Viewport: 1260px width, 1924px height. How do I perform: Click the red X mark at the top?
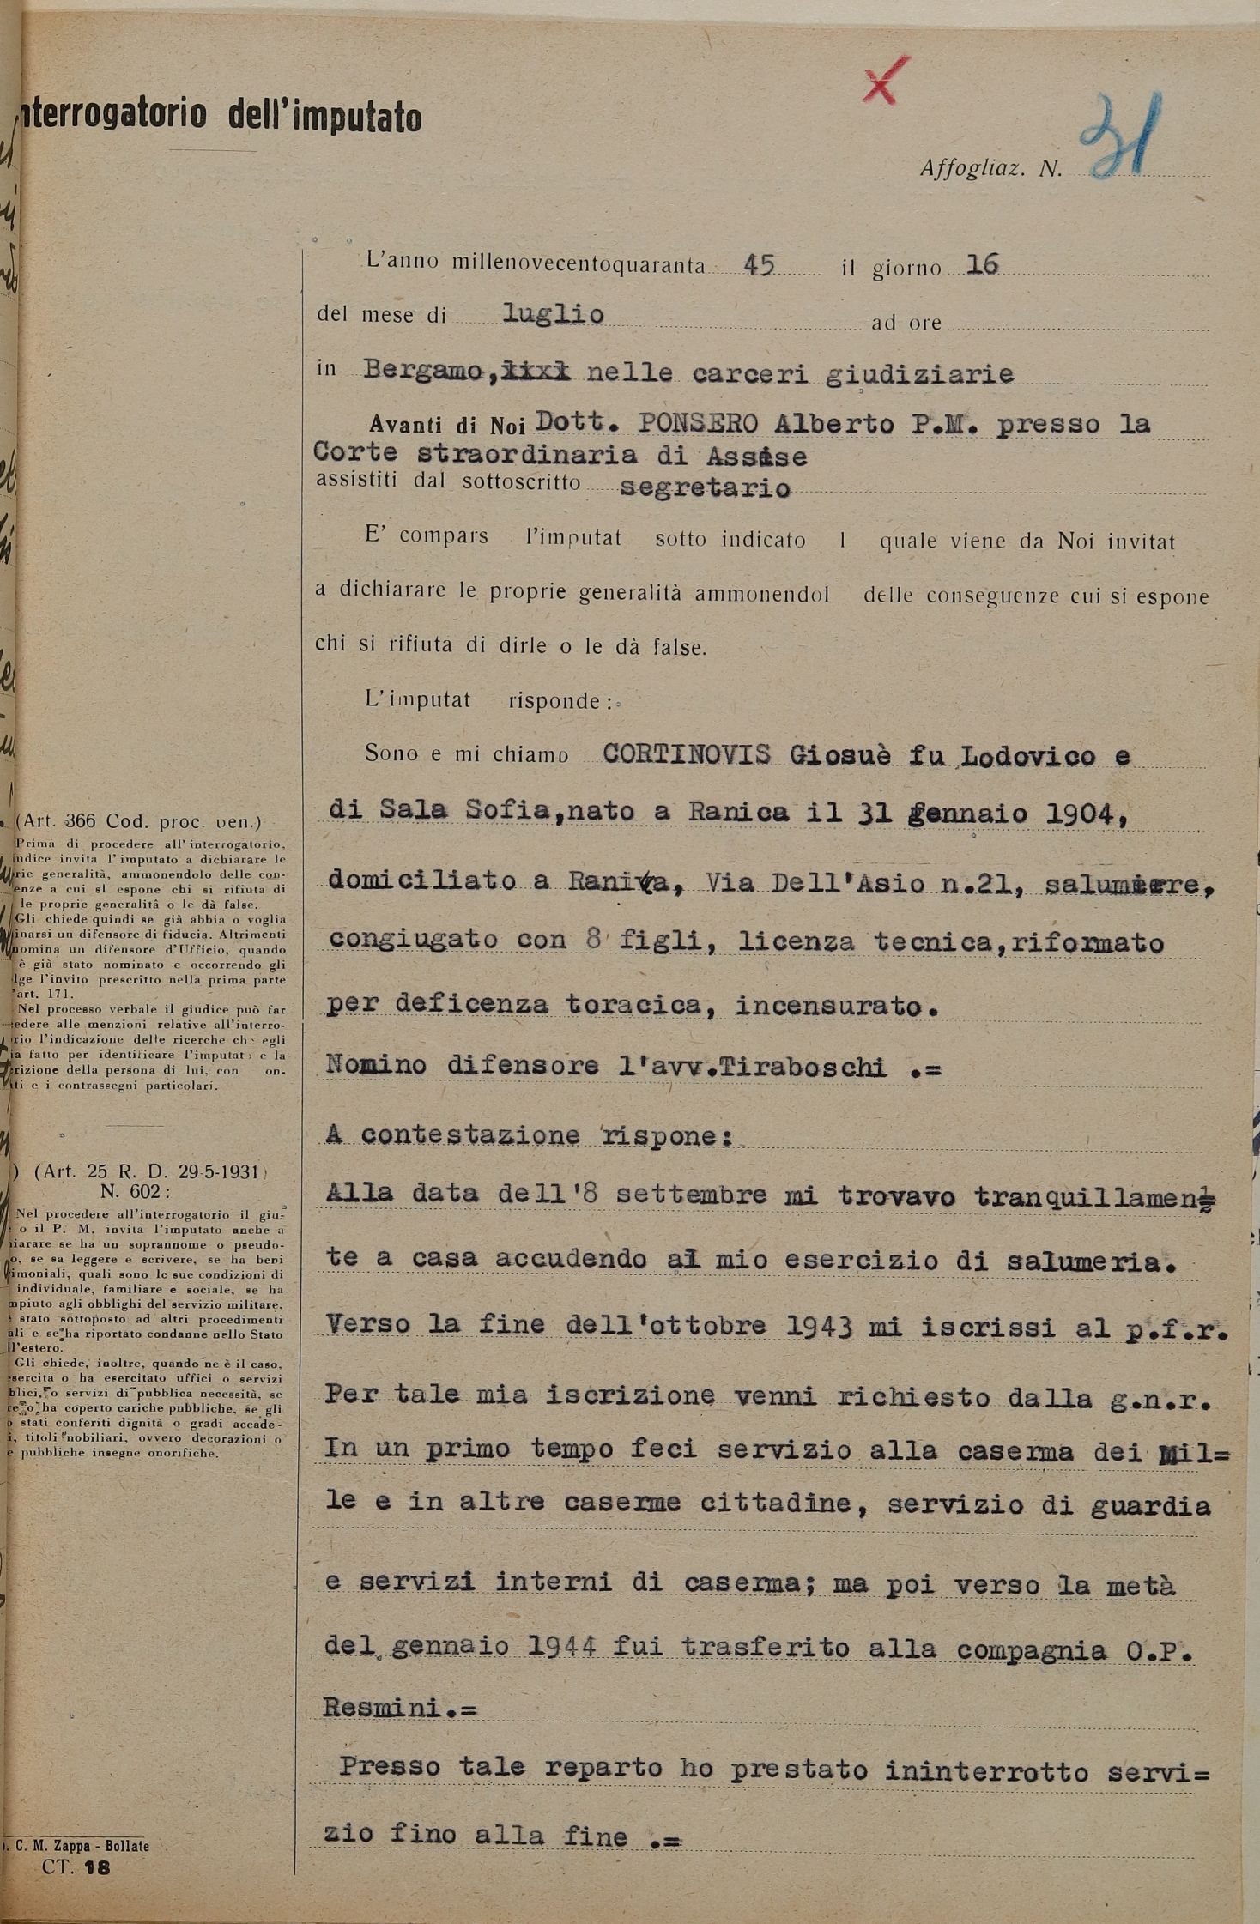click(886, 82)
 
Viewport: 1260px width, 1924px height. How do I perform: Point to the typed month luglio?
click(553, 313)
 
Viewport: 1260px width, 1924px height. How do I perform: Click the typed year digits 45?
click(759, 265)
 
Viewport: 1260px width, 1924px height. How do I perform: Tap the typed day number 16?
click(982, 265)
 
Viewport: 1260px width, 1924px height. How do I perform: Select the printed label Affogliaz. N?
click(990, 168)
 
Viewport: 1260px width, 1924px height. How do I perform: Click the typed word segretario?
click(704, 487)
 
